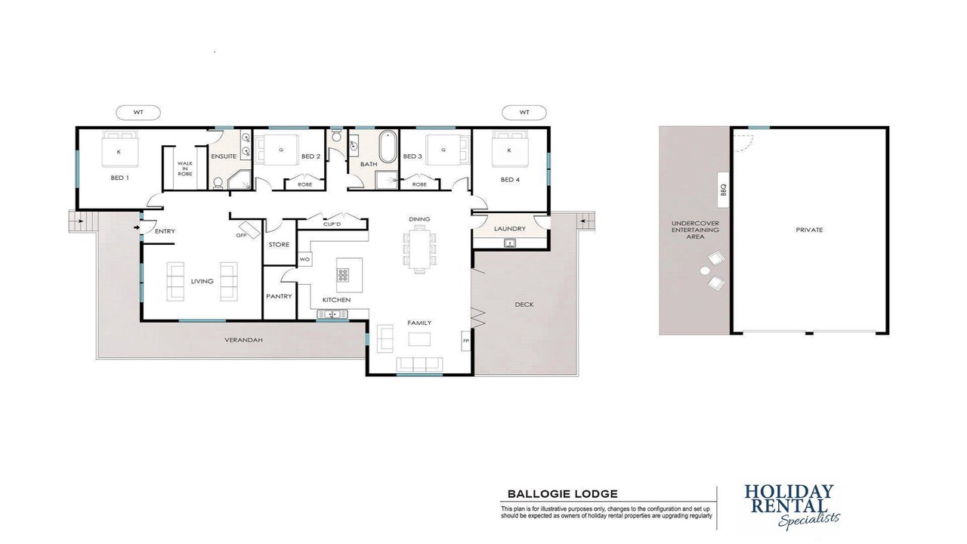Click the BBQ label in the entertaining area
pos(724,190)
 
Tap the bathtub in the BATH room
pos(388,147)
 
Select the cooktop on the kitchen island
pos(343,275)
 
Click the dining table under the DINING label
pos(419,249)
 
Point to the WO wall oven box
pos(304,259)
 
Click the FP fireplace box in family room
pos(466,341)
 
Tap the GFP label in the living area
pos(241,235)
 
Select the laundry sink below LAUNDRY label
pos(510,243)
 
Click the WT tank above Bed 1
pos(138,113)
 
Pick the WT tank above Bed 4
pos(524,113)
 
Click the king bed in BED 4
pos(510,149)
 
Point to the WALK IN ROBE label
pos(185,168)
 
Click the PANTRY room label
pos(279,297)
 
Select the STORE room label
pos(279,245)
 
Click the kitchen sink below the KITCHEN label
pos(332,314)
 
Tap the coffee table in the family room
pos(419,339)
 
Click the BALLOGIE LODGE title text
pos(563,494)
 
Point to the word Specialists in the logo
pos(808,520)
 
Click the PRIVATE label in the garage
pos(809,230)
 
